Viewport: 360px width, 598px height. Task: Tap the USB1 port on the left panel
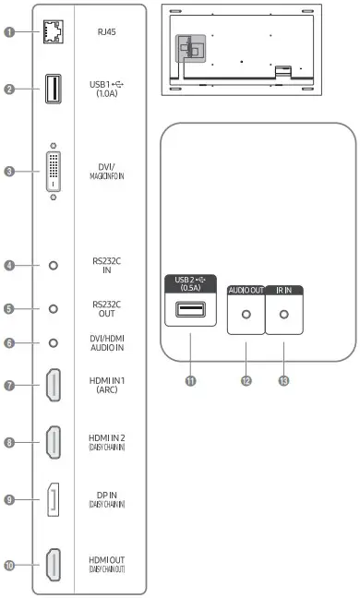point(54,90)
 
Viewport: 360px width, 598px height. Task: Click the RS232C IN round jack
point(54,265)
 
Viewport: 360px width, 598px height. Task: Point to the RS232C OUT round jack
point(54,309)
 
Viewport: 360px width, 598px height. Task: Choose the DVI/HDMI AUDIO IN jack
point(54,342)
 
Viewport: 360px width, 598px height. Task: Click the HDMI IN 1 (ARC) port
point(54,385)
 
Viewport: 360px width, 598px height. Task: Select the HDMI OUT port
point(54,564)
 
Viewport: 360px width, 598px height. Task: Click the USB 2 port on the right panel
point(190,310)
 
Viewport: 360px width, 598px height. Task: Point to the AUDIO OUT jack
point(246,314)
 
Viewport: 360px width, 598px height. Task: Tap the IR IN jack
point(284,314)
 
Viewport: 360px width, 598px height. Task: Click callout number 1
point(8,32)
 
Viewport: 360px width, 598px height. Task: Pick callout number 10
point(8,564)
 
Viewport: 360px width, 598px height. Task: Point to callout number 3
point(8,171)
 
